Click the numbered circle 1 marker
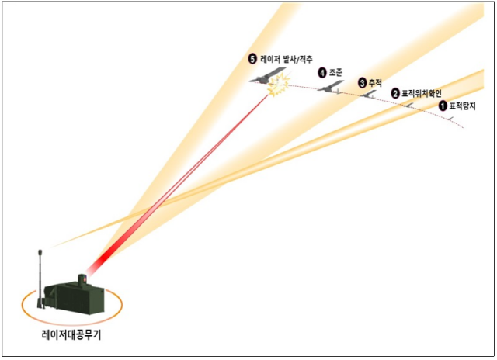(x=443, y=105)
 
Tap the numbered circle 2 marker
(x=395, y=93)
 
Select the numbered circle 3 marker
(x=362, y=81)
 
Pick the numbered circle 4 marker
(x=322, y=72)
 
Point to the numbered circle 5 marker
(x=252, y=58)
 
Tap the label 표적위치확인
(x=421, y=93)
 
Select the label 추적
(x=375, y=81)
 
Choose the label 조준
(x=336, y=72)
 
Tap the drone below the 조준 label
(x=330, y=87)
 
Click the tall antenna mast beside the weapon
(x=40, y=268)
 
